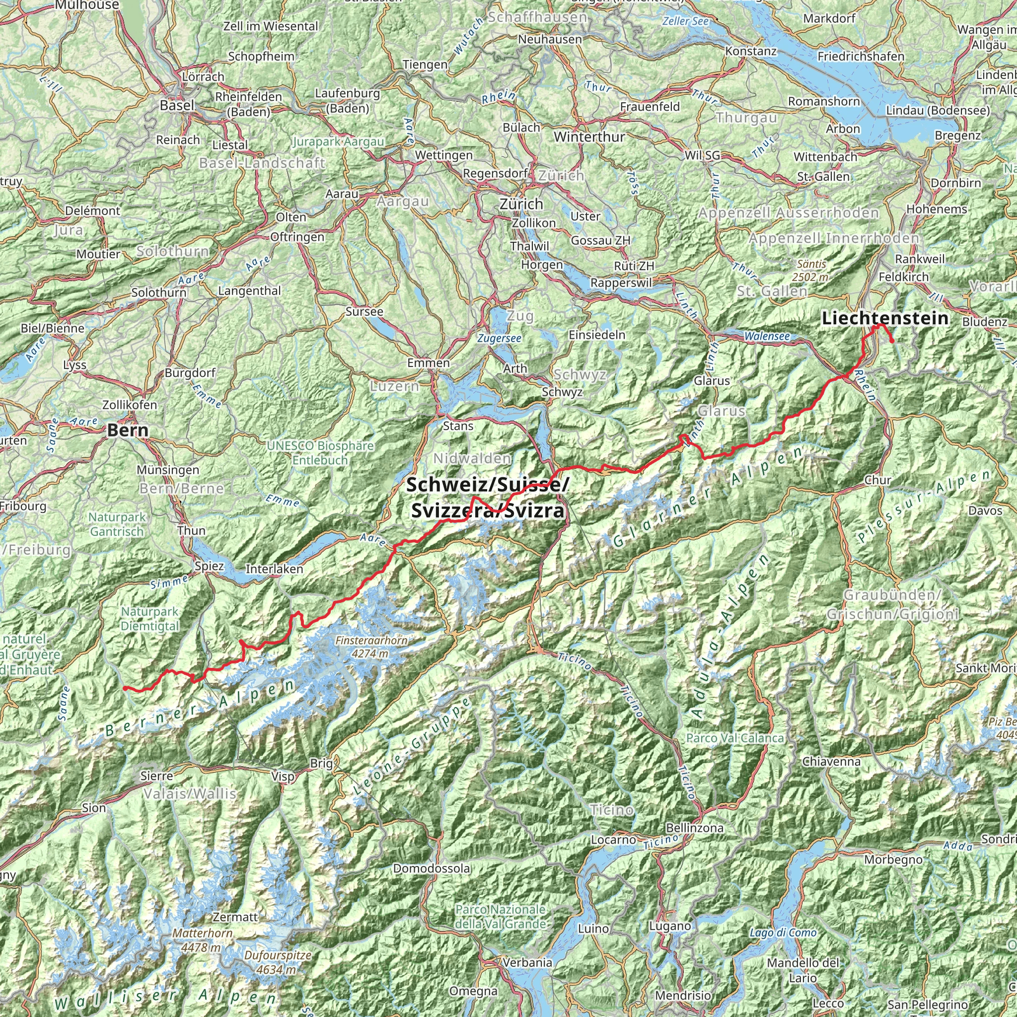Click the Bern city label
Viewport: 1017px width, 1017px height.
[128, 430]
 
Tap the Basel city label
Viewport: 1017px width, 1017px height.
[177, 105]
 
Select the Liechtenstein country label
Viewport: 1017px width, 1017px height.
[885, 318]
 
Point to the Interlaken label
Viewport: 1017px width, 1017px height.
[274, 569]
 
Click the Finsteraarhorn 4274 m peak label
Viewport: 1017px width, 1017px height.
[371, 647]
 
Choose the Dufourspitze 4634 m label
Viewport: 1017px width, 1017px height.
[278, 962]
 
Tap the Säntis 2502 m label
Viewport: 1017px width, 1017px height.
[812, 270]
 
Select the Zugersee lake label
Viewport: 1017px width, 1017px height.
[499, 339]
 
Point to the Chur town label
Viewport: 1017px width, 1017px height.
[877, 480]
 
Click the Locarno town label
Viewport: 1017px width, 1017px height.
[613, 839]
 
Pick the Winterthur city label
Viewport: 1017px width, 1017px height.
[589, 137]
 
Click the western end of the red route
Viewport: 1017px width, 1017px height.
[124, 687]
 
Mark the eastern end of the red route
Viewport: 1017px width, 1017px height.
[892, 342]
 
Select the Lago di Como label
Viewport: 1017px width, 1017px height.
[783, 933]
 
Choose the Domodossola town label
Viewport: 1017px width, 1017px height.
[432, 868]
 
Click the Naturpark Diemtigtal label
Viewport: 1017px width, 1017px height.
[149, 619]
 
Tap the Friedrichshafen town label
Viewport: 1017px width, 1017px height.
[861, 56]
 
